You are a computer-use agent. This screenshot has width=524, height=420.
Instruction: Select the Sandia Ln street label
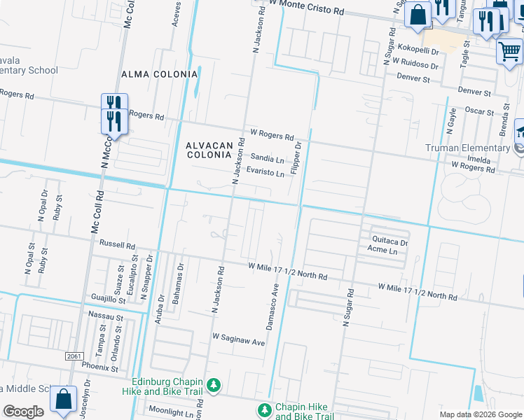pyautogui.click(x=268, y=159)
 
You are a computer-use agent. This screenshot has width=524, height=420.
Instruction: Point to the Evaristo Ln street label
pyautogui.click(x=267, y=174)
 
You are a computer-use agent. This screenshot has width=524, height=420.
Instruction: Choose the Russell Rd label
pyautogui.click(x=117, y=246)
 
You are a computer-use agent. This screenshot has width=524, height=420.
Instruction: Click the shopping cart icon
pyautogui.click(x=509, y=51)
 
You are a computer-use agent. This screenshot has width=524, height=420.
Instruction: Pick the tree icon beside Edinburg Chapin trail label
pyautogui.click(x=215, y=386)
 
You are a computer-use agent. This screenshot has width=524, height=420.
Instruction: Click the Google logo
pyautogui.click(x=23, y=412)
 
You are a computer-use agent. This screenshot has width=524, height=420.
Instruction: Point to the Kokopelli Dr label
pyautogui.click(x=416, y=52)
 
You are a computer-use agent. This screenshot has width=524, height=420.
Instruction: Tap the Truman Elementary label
pyautogui.click(x=467, y=148)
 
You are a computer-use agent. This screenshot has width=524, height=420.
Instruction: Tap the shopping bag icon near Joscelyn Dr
pyautogui.click(x=63, y=400)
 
